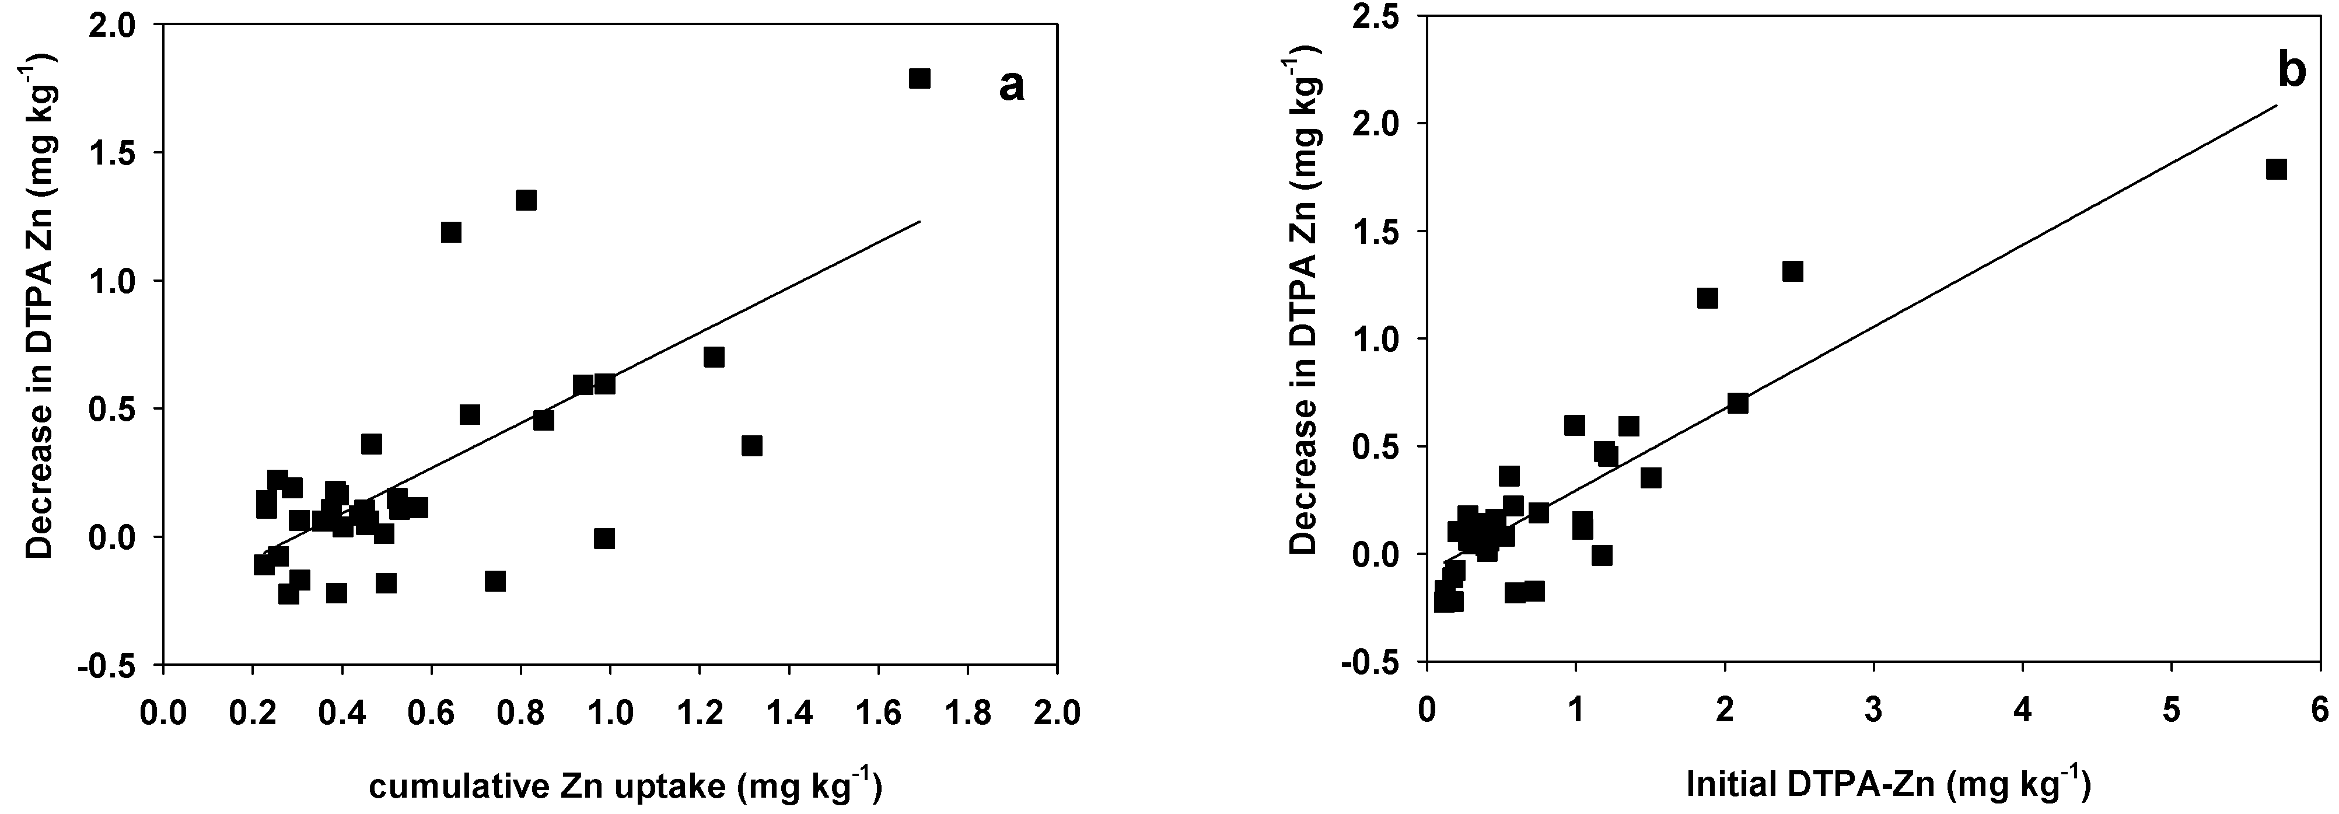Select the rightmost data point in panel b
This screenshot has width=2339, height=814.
(x=2275, y=169)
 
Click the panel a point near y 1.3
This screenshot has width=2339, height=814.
(x=526, y=200)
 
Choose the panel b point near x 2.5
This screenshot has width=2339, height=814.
(x=1792, y=272)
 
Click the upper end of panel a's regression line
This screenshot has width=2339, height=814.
(x=920, y=221)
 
